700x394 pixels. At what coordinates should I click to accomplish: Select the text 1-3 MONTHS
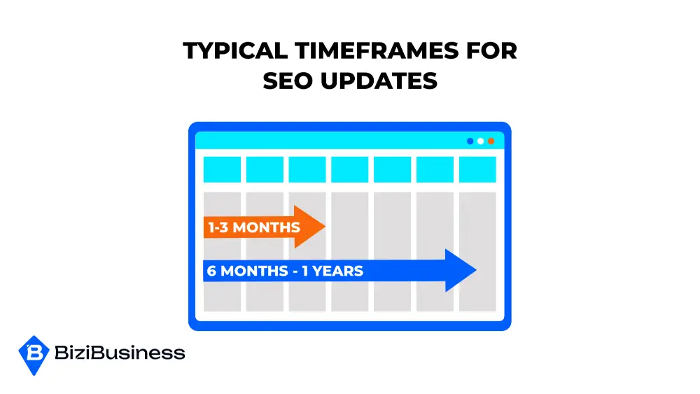click(253, 227)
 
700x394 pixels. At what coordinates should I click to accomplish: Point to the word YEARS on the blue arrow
click(339, 271)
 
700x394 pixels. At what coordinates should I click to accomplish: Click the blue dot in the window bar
click(470, 141)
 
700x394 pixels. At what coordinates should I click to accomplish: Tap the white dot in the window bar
click(480, 141)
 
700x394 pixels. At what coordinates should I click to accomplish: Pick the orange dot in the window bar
click(491, 141)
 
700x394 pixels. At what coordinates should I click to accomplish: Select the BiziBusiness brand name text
click(120, 353)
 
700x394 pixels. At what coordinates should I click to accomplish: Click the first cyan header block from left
click(222, 169)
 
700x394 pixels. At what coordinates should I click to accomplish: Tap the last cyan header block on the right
click(477, 169)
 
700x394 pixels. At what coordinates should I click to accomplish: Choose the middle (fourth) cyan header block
click(349, 169)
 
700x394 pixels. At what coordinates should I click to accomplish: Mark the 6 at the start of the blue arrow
click(211, 271)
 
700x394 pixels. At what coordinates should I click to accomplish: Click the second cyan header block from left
click(265, 169)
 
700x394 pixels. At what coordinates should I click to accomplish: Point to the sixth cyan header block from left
click(435, 169)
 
